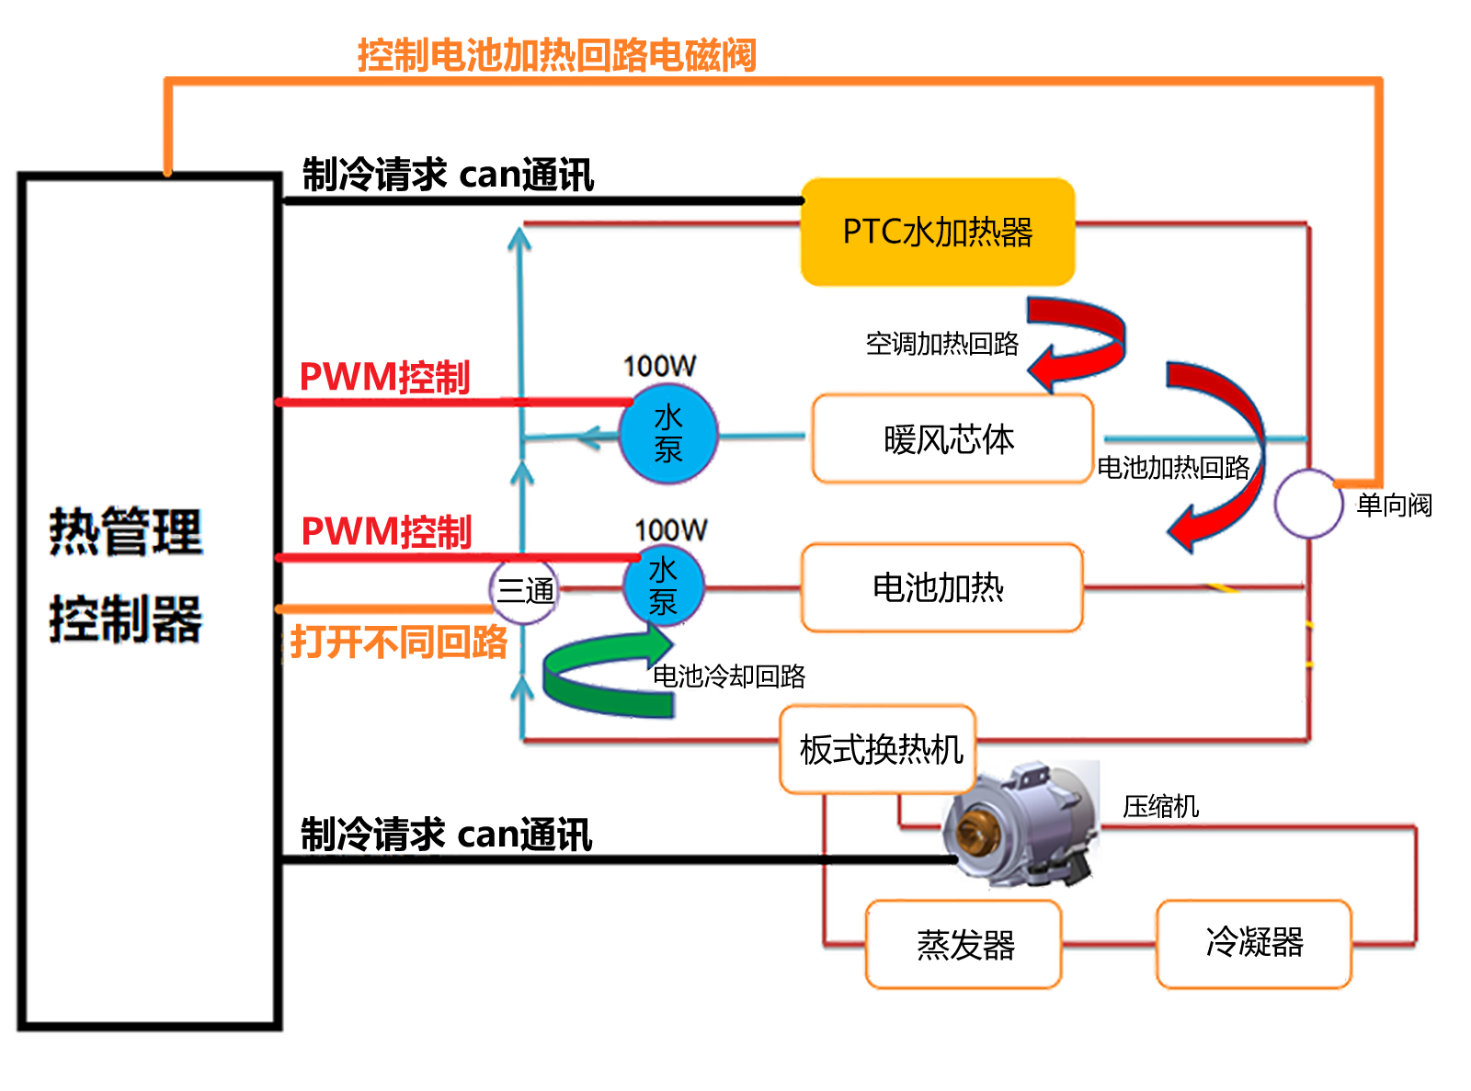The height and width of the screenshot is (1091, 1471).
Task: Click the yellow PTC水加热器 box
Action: pyautogui.click(x=938, y=232)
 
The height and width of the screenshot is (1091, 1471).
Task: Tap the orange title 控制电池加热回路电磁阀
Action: pyautogui.click(x=556, y=55)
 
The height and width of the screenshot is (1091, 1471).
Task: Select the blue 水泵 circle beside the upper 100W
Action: pyautogui.click(x=667, y=433)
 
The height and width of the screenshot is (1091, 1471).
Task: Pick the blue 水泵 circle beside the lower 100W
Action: pyautogui.click(x=664, y=585)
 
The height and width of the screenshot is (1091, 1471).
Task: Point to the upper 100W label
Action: pyautogui.click(x=659, y=366)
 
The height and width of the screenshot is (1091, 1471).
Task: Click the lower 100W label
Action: pyautogui.click(x=670, y=528)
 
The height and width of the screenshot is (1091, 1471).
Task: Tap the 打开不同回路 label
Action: pyautogui.click(x=399, y=642)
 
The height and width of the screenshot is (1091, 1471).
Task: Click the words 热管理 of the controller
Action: pyautogui.click(x=124, y=530)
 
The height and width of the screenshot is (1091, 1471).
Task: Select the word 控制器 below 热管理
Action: pyautogui.click(x=124, y=618)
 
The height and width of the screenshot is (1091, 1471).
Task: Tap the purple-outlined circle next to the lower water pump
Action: pyautogui.click(x=526, y=589)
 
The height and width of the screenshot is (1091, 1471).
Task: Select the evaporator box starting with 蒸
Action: pyautogui.click(x=964, y=944)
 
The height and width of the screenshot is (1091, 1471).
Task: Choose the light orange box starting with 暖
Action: pyautogui.click(x=952, y=439)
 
